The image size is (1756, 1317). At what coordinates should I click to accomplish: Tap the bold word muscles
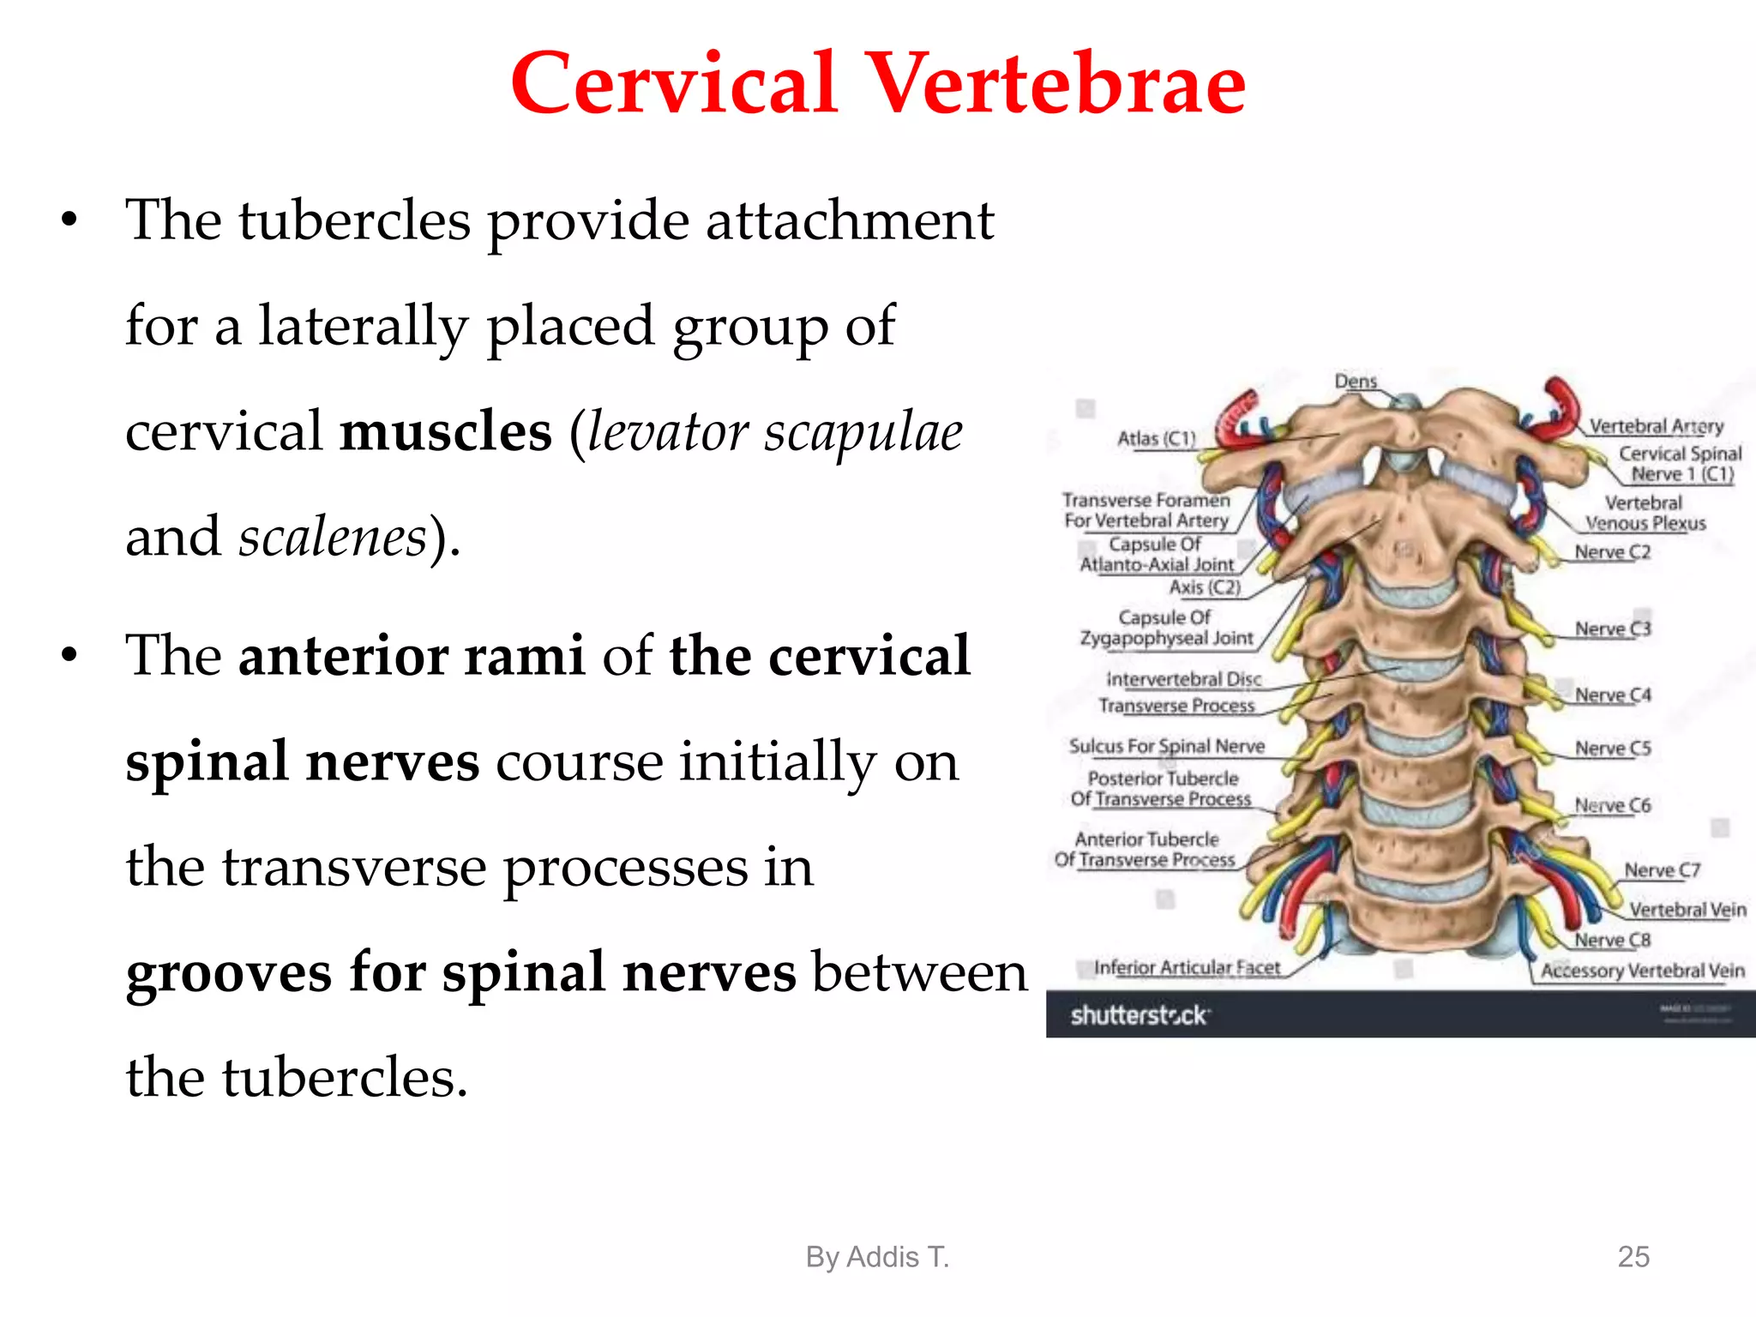click(446, 431)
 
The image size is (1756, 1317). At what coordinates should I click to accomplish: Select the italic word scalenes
click(333, 538)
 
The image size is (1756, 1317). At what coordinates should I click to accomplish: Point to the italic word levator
click(667, 431)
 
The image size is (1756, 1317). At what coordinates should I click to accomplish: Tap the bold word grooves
click(228, 973)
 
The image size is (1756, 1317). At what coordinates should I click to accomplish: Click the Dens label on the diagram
click(1356, 381)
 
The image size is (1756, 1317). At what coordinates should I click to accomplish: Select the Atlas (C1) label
click(1156, 438)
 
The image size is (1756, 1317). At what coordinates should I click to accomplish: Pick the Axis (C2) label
click(1205, 587)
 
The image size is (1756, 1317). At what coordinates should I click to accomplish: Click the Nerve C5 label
click(1612, 749)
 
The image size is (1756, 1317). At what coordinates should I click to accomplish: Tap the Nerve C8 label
click(1612, 940)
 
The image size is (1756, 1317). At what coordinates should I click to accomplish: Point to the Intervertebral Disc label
click(1183, 679)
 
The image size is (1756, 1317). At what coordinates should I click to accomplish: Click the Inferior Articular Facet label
click(1187, 967)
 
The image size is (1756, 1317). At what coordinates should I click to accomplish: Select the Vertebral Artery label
click(1656, 426)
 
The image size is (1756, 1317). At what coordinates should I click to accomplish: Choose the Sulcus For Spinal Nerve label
click(1166, 746)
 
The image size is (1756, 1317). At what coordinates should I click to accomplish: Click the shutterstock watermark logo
click(1140, 1015)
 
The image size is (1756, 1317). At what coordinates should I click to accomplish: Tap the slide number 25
click(1633, 1256)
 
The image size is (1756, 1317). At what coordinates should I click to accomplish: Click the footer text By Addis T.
click(877, 1256)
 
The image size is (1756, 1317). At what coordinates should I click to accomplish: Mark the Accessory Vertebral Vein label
click(1642, 971)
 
